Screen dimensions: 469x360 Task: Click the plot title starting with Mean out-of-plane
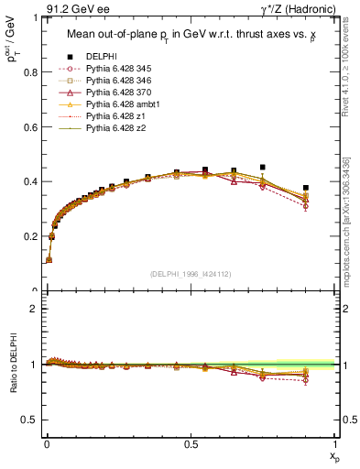(191, 35)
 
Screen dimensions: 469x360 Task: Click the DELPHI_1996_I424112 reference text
(191, 274)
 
